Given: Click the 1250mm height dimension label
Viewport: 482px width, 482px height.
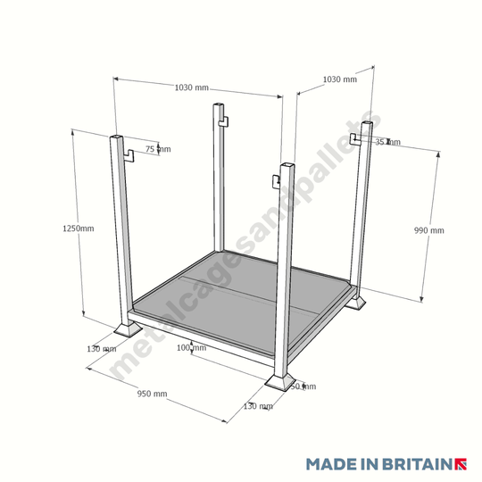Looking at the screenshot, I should coord(79,229).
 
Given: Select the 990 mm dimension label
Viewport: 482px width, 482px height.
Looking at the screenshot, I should coord(428,230).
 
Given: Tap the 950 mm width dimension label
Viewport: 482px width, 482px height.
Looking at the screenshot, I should coord(151,394).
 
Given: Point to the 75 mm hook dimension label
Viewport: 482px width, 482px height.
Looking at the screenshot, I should coord(158,148).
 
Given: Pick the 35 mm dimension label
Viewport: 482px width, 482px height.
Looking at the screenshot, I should coord(387,142).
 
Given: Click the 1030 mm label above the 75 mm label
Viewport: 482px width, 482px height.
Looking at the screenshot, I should coord(191,87).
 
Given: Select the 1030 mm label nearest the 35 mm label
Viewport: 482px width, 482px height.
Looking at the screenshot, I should coord(338,79).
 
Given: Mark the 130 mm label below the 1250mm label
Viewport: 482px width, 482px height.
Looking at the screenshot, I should coord(101,348).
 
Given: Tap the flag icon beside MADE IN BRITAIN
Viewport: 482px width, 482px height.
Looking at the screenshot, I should coord(462,464).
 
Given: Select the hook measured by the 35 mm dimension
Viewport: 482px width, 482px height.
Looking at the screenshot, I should coord(355,139).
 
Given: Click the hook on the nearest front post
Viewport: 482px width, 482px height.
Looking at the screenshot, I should coord(278,182).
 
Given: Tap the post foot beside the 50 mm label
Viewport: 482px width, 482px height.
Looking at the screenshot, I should coord(282,383).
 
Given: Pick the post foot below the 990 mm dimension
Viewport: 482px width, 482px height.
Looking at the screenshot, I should coord(359,303).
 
